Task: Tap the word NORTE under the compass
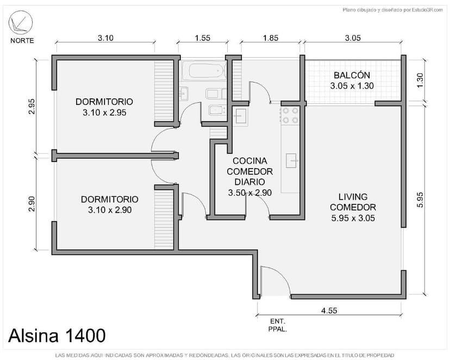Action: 22,41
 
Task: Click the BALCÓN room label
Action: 352,80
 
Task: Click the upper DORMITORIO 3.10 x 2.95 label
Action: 104,107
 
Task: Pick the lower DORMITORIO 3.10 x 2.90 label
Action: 109,204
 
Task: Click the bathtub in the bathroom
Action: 204,71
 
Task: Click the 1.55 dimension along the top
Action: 202,38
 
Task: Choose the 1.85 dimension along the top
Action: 270,38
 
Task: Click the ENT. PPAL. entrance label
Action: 277,325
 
